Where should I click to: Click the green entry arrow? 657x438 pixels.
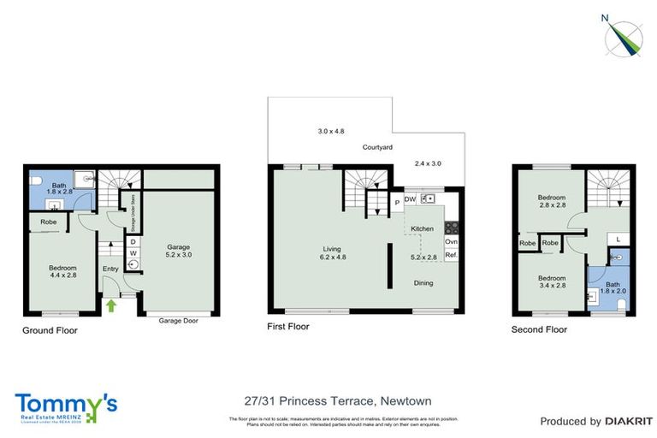(x=110, y=304)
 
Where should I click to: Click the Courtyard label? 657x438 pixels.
(x=376, y=148)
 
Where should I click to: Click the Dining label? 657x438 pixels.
(x=423, y=281)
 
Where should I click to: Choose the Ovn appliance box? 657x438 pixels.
(x=451, y=242)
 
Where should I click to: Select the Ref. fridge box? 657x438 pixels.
(x=451, y=255)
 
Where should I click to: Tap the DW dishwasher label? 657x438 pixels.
(x=410, y=200)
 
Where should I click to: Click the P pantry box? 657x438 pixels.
(x=397, y=203)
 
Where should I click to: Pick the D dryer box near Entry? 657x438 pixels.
(x=133, y=242)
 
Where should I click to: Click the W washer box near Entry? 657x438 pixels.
(x=133, y=253)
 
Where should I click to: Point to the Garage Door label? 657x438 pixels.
(x=180, y=321)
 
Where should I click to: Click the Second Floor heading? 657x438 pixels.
(x=539, y=329)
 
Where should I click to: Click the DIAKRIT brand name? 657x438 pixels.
(x=630, y=421)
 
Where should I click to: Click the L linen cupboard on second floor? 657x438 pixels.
(x=619, y=239)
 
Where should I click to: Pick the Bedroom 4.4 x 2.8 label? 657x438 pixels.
(x=62, y=272)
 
